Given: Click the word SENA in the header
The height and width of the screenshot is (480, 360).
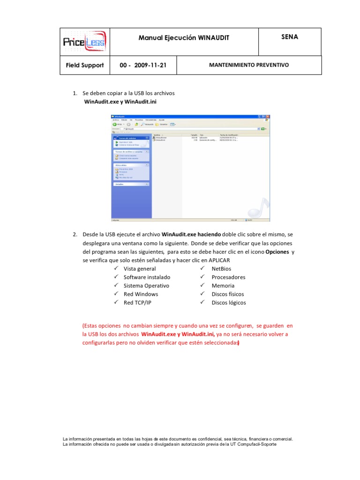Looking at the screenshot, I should [289, 37].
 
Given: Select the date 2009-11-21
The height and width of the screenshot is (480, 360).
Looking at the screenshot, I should [150, 65].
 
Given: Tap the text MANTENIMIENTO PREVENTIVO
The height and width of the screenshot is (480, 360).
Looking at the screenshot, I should [249, 65].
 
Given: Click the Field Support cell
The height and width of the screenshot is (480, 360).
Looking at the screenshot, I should [84, 65].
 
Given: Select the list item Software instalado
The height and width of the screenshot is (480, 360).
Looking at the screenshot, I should [147, 277].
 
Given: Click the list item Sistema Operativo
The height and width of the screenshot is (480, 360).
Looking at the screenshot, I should [146, 285].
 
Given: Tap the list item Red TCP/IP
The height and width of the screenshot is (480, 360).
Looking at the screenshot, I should [137, 302].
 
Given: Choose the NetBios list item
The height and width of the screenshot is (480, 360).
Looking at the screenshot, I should [221, 269].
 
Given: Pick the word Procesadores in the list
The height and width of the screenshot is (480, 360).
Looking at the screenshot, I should [228, 277].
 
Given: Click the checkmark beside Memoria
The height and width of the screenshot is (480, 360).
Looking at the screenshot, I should [203, 285].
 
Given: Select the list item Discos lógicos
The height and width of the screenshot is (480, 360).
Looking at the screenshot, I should [228, 302].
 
